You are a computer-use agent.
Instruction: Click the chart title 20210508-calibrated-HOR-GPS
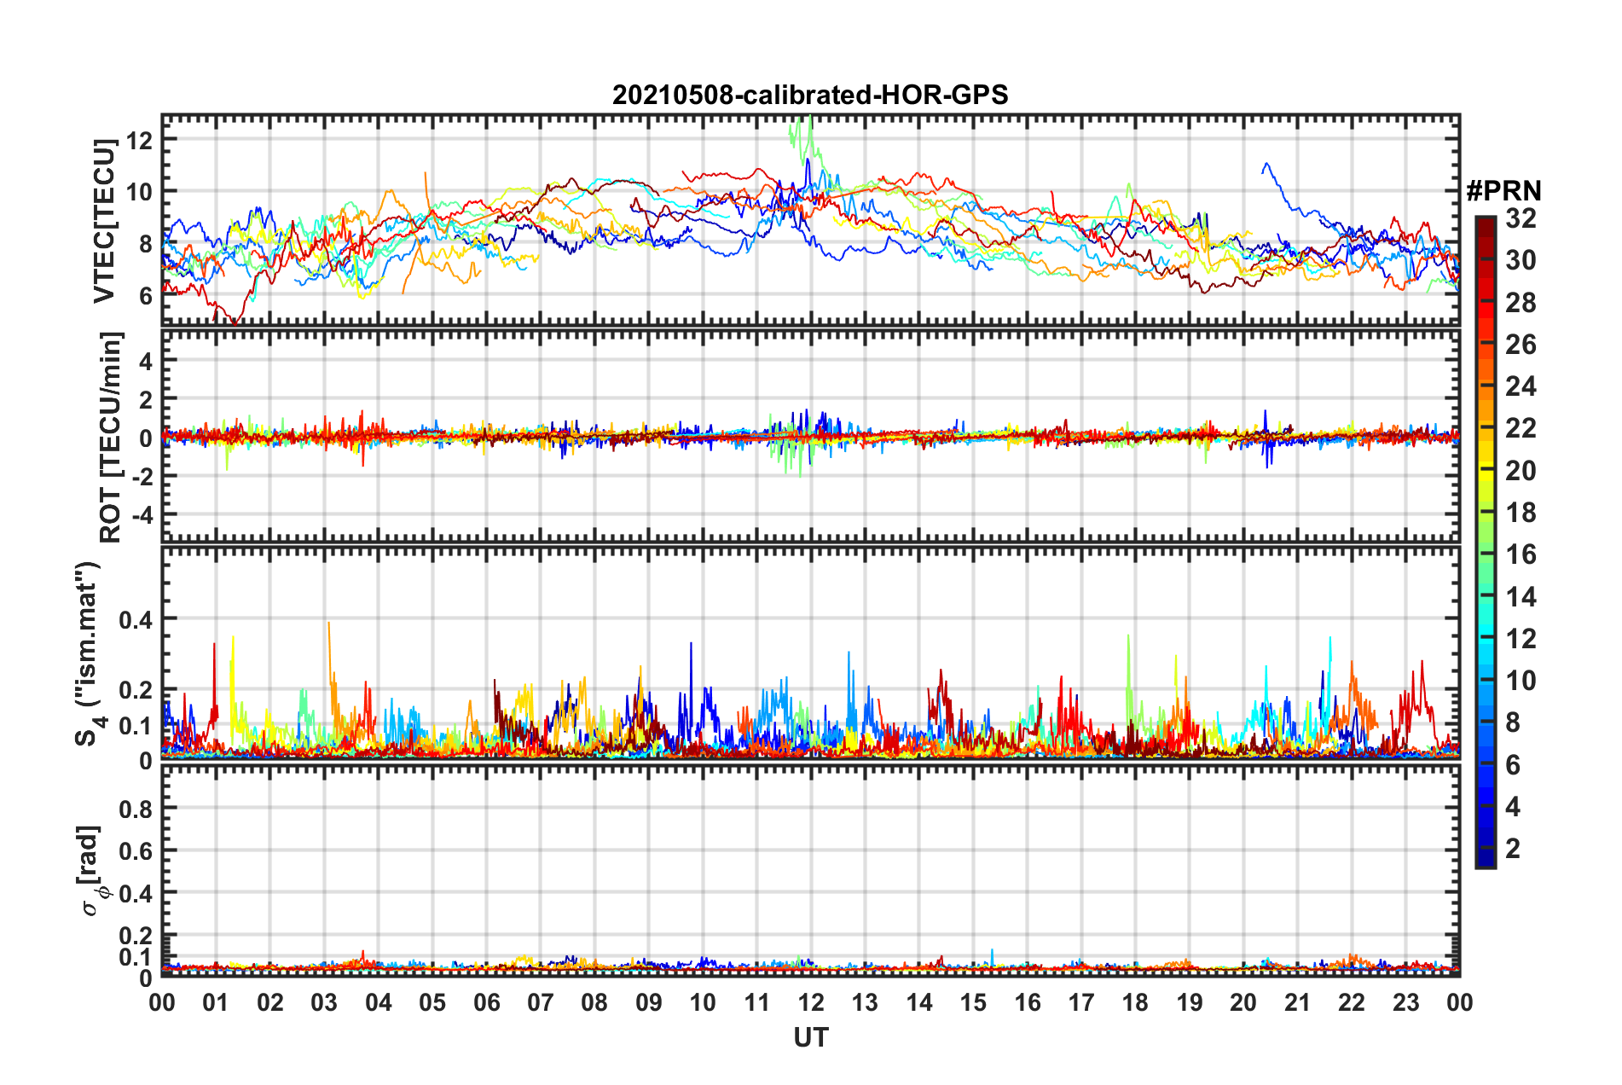pyautogui.click(x=810, y=95)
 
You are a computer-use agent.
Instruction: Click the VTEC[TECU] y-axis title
pyautogui.click(x=104, y=221)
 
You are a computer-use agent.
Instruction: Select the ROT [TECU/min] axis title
pyautogui.click(x=110, y=437)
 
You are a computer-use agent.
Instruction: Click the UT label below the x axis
pyautogui.click(x=810, y=1037)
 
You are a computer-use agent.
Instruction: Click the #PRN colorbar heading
pyautogui.click(x=1503, y=191)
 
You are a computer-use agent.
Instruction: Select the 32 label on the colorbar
pyautogui.click(x=1520, y=218)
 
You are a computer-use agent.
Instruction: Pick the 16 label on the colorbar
pyautogui.click(x=1520, y=554)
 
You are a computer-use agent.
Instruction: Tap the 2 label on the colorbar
pyautogui.click(x=1513, y=848)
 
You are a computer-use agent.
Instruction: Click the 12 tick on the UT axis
pyautogui.click(x=811, y=1002)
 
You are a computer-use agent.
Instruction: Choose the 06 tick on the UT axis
pyautogui.click(x=487, y=1002)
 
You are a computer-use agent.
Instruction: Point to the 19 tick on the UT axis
pyautogui.click(x=1190, y=1002)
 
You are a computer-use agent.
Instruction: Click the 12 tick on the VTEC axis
pyautogui.click(x=140, y=140)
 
